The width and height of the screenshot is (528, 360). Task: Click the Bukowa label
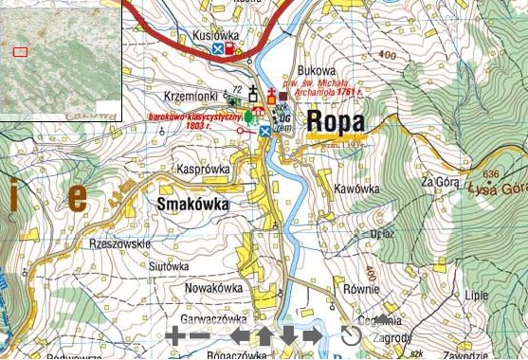click(x=317, y=70)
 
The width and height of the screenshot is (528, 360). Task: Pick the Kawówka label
click(x=355, y=189)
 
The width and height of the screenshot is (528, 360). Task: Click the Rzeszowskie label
click(x=119, y=243)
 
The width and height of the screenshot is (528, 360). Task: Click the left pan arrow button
click(x=242, y=335)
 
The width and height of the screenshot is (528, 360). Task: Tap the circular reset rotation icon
click(x=352, y=335)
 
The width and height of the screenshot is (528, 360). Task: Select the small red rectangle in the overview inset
click(x=20, y=51)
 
